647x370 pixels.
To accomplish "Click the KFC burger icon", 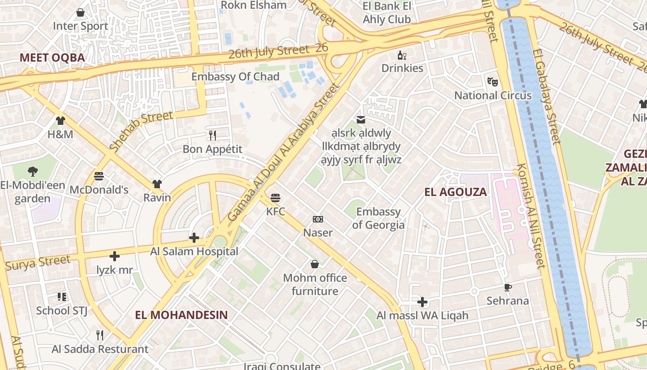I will tap(275, 198).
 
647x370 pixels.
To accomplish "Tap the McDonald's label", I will tap(99, 190).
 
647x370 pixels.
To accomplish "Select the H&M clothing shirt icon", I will tap(61, 121).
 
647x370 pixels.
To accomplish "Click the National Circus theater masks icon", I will tap(493, 82).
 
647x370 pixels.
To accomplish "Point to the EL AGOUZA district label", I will tap(455, 192).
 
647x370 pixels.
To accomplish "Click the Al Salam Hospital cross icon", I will tap(194, 238).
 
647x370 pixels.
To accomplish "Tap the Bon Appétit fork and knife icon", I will tap(213, 135).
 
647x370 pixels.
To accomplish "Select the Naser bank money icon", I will tap(318, 219).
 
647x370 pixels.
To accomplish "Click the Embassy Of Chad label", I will tap(235, 77).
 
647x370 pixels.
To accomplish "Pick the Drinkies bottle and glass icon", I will tap(402, 55).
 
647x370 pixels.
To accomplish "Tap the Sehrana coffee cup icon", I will tap(508, 287).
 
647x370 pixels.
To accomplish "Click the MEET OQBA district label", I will tap(52, 58).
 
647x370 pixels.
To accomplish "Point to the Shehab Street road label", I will tap(141, 131).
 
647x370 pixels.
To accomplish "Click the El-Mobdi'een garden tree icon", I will tap(32, 172).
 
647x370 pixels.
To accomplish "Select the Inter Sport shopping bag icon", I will tap(80, 12).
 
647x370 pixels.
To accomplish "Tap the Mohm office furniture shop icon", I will tap(315, 264).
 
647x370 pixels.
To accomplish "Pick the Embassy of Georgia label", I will tap(378, 218).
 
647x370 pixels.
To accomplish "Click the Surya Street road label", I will tap(38, 263).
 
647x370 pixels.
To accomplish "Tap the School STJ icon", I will tap(62, 296).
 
